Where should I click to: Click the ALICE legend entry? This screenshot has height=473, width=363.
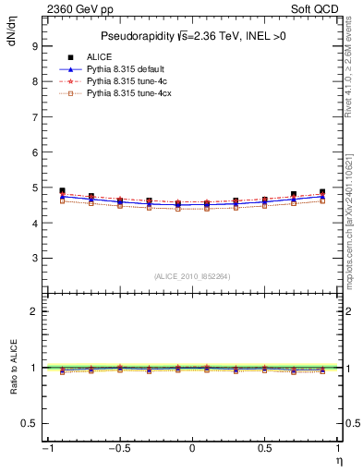click(100, 57)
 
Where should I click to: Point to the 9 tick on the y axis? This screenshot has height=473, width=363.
click(33, 45)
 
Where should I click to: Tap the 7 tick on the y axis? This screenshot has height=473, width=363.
click(33, 116)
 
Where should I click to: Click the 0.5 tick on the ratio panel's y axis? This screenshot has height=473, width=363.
click(30, 423)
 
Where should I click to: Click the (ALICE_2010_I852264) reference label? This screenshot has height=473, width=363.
click(191, 275)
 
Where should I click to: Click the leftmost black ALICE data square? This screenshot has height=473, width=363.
click(62, 191)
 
